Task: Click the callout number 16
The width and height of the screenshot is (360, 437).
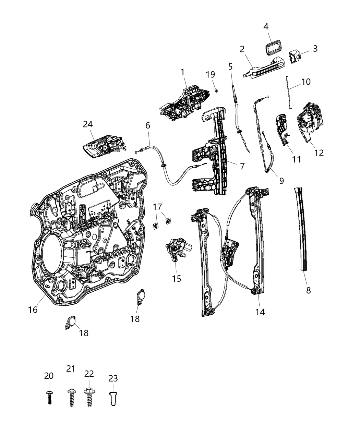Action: point(33,310)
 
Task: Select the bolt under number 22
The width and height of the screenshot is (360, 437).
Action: point(89,398)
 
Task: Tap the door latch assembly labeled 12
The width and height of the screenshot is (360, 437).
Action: point(309,120)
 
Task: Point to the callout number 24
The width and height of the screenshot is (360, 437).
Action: point(88,124)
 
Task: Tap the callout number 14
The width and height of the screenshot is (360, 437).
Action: point(260,312)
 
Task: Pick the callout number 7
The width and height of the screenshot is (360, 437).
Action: point(242,166)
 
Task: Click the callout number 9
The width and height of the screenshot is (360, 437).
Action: point(281,181)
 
